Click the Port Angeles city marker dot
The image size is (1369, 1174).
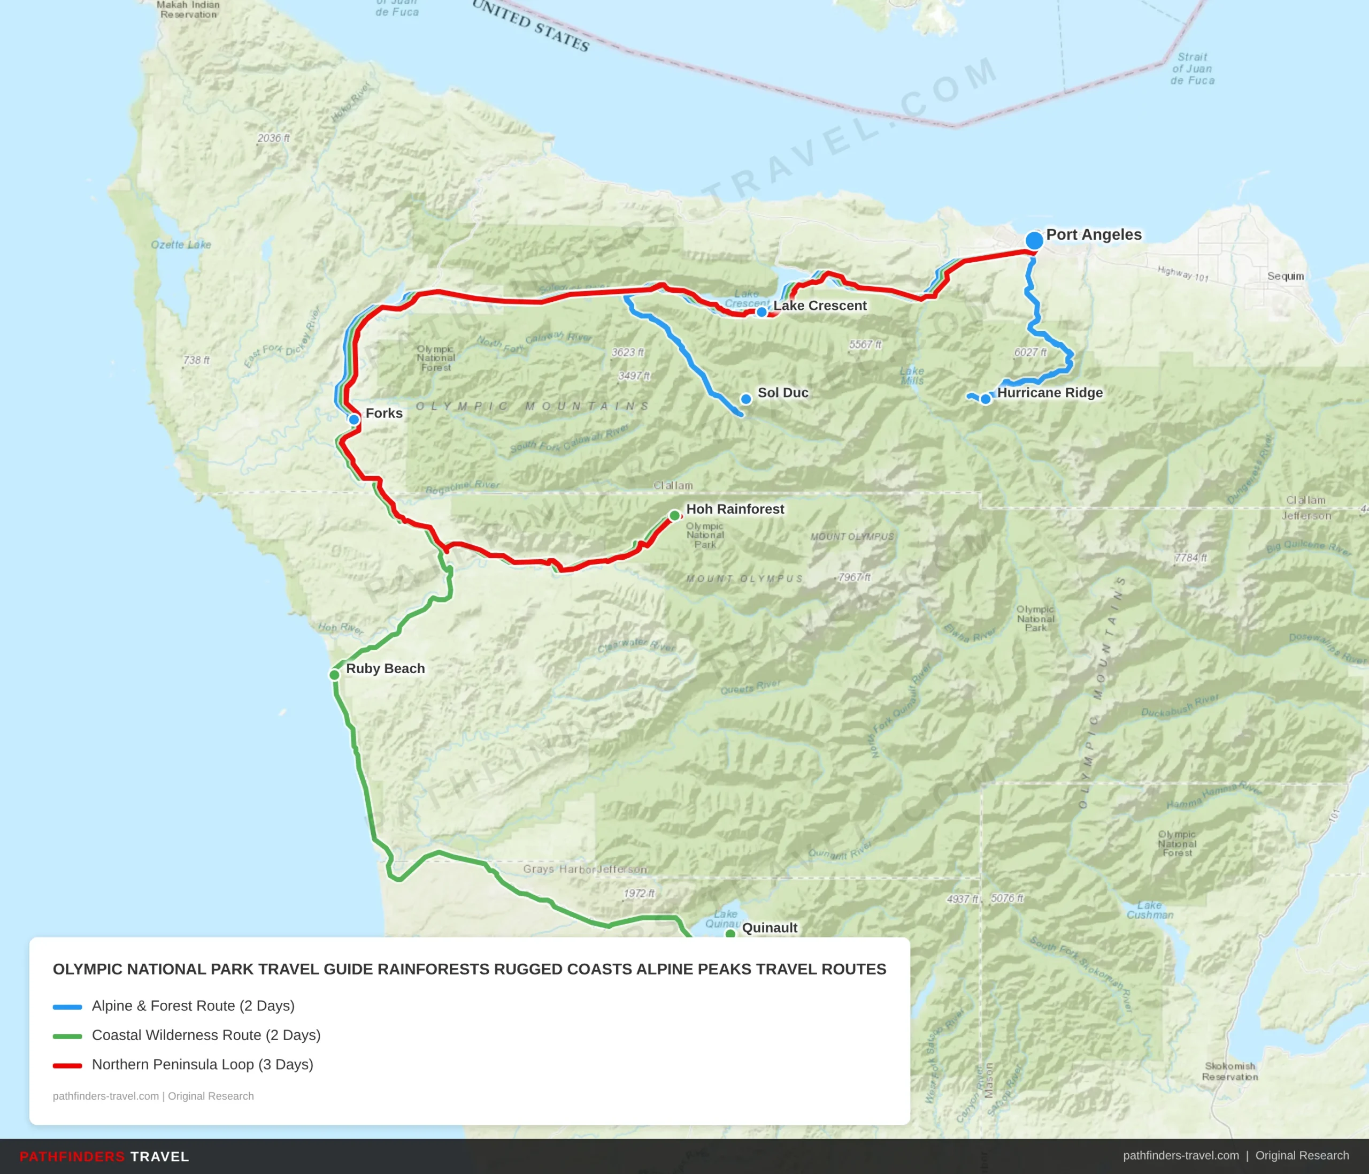[1034, 241]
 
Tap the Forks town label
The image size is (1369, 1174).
[384, 413]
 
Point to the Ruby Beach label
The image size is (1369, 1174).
[385, 668]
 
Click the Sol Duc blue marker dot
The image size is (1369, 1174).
[746, 399]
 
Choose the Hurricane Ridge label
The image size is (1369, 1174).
[1049, 393]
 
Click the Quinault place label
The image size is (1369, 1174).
[769, 927]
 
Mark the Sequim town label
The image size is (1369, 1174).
[1285, 276]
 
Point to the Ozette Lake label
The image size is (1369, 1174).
[181, 245]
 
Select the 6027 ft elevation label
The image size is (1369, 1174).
[1030, 352]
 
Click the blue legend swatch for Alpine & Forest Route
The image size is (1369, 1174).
[67, 1007]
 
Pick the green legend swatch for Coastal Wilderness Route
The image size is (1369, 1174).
[67, 1036]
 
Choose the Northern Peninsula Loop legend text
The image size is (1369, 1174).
[202, 1064]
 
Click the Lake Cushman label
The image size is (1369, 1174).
[1150, 910]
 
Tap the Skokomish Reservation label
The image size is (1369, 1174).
[1229, 1072]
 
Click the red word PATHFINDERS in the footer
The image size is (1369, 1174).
[72, 1157]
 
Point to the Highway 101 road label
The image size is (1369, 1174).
[1183, 273]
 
